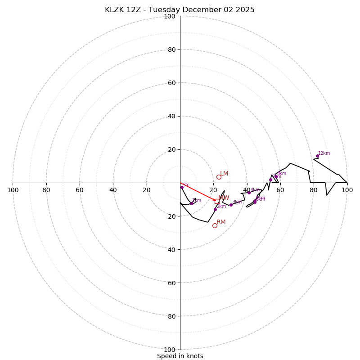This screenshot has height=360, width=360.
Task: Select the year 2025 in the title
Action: click(x=245, y=10)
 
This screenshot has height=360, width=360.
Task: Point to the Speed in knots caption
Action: click(x=180, y=356)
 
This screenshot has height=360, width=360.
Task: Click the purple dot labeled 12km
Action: click(x=317, y=156)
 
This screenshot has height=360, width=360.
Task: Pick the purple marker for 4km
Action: click(x=249, y=193)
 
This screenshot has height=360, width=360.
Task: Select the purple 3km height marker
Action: click(x=231, y=205)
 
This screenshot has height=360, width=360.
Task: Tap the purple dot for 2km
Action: click(x=215, y=209)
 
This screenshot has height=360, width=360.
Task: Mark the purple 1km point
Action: click(x=191, y=203)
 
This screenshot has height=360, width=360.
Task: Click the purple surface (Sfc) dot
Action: click(x=182, y=187)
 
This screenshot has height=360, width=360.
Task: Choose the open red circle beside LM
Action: click(x=219, y=177)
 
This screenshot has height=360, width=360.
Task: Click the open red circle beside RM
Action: click(x=215, y=225)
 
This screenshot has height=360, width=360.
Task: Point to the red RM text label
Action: click(x=221, y=222)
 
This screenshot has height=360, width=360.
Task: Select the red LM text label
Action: click(x=224, y=173)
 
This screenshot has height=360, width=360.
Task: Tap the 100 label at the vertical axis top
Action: click(x=169, y=16)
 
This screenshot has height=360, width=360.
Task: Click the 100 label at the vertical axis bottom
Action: click(x=169, y=349)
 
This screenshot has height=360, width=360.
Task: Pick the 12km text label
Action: click(x=324, y=153)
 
